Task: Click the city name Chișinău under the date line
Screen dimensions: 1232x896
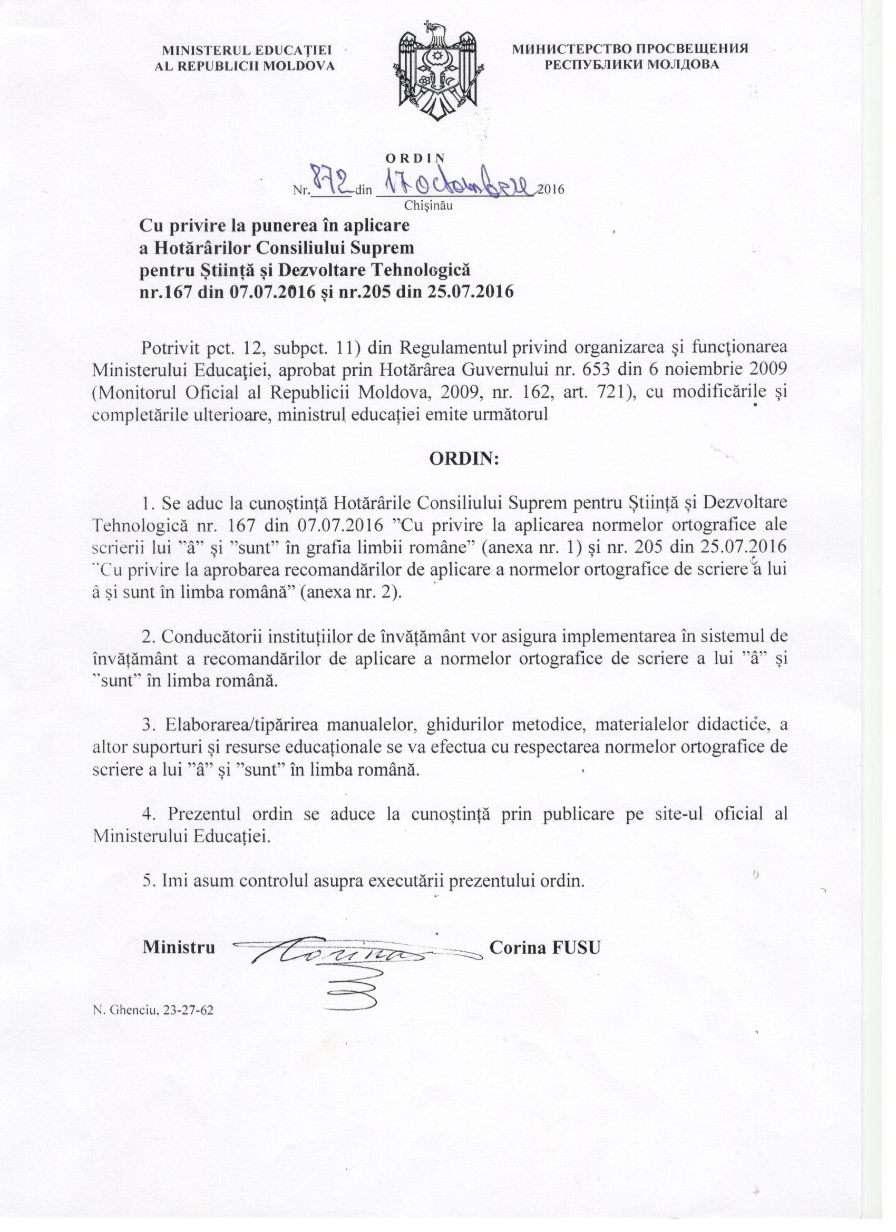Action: click(428, 206)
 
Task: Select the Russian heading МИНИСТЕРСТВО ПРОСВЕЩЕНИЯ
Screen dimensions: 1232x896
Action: click(630, 48)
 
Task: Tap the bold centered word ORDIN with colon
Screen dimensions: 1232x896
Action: click(464, 458)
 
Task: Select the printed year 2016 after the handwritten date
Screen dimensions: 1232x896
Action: click(550, 190)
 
